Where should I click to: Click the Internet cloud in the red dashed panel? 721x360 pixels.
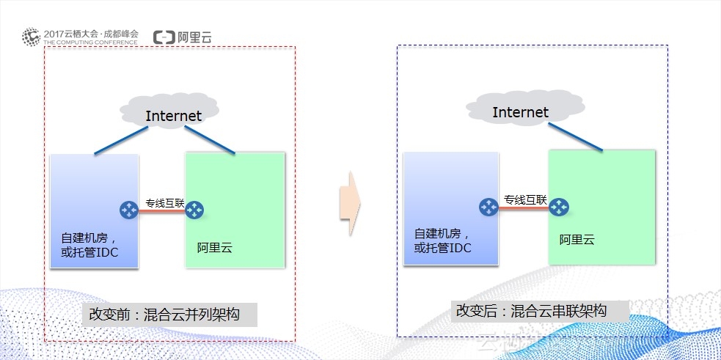click(x=172, y=114)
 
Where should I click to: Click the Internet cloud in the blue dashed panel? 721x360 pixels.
click(x=520, y=111)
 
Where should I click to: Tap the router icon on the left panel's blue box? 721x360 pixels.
click(x=129, y=210)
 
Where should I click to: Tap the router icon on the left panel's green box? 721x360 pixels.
click(x=194, y=210)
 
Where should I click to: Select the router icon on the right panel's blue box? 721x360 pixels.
click(x=488, y=207)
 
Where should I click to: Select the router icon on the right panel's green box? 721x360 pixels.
click(x=560, y=207)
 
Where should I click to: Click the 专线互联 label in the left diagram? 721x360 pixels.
click(x=164, y=202)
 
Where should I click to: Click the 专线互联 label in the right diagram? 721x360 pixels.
click(x=525, y=199)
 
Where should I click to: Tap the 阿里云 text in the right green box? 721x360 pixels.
click(x=577, y=240)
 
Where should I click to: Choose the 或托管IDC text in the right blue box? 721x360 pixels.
click(x=442, y=248)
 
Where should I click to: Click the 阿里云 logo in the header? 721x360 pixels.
click(x=183, y=37)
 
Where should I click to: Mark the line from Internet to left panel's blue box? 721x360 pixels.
click(x=120, y=140)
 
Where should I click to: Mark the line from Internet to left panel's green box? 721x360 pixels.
click(x=210, y=140)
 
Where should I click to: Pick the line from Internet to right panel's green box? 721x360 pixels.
click(x=577, y=137)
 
